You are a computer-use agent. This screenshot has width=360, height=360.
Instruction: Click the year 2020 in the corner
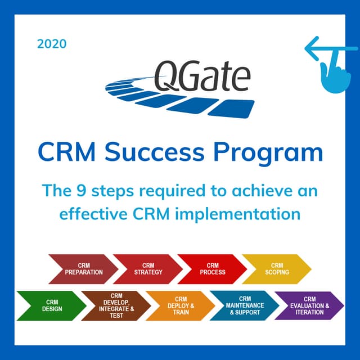coord(52,43)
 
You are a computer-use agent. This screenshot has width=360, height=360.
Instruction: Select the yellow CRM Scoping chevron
coord(276,268)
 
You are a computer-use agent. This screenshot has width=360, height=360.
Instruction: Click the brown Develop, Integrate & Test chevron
coord(116,305)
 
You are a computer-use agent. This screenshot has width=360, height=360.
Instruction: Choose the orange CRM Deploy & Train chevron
coord(181,305)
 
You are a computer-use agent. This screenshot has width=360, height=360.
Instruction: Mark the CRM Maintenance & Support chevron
coord(245,305)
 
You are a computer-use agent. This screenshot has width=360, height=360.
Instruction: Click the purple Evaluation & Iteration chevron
coord(309,305)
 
